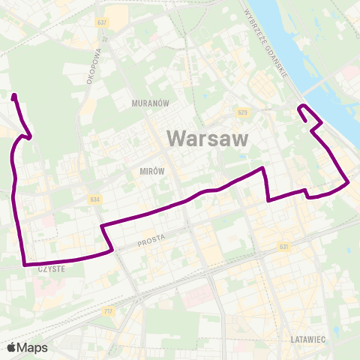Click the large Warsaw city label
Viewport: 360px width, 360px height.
click(205, 139)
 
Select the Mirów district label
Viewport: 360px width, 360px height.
click(151, 171)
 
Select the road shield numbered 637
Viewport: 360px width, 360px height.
click(103, 22)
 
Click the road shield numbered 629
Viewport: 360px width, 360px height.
click(241, 112)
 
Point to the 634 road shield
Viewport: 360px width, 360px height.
click(94, 199)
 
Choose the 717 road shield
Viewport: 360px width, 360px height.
click(109, 310)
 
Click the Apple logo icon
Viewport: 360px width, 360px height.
click(12, 347)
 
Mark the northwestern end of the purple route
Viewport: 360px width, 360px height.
click(14, 95)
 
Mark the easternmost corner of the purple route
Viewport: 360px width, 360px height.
click(348, 181)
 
